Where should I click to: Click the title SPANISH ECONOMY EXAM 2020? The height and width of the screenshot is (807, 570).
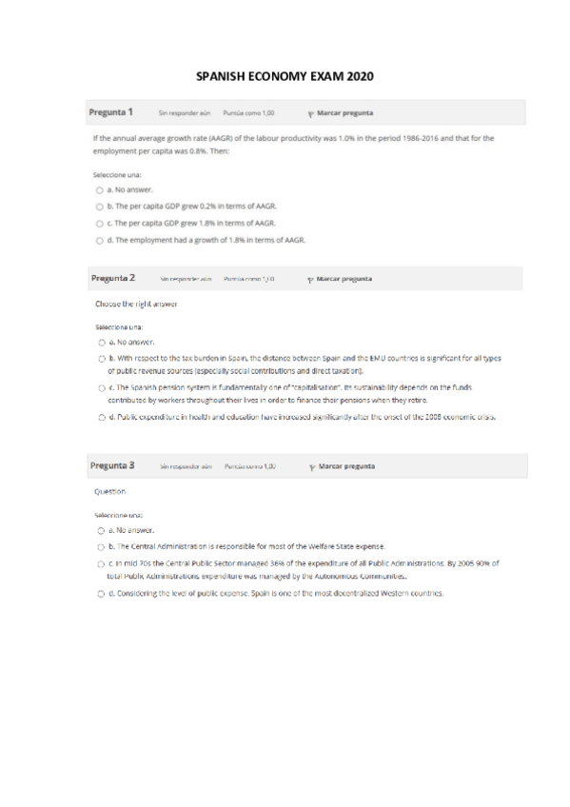coord(285,74)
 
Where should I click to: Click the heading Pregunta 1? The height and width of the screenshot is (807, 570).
coord(110,111)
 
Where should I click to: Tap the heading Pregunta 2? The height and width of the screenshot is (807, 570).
coord(112,278)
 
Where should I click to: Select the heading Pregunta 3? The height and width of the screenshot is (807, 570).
coord(111,465)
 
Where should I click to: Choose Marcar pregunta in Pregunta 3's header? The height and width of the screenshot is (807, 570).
coord(345,466)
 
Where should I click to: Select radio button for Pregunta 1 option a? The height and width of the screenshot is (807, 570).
coord(100,189)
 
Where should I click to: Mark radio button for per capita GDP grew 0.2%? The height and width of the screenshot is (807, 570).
coord(100,206)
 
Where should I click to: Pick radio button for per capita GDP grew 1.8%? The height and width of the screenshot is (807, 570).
coord(100,223)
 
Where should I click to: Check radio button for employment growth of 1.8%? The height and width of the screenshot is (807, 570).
coord(100,240)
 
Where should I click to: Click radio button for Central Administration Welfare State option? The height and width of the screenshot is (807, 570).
coord(101,546)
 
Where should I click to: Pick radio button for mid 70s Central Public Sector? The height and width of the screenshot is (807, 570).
coord(101,563)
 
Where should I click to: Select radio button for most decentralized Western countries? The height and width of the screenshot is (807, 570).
coord(101,593)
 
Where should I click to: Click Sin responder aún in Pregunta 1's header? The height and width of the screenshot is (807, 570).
coord(184,112)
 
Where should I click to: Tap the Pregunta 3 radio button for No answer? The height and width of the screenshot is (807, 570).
coord(101,530)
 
